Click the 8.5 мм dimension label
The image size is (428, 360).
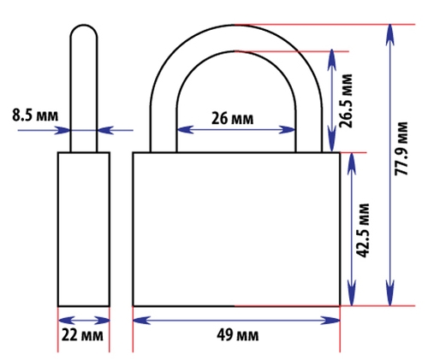coord(35,115)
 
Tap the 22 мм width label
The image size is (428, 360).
coord(82,335)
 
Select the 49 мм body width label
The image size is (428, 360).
coord(238,335)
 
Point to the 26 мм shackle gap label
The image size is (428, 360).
coord(232,118)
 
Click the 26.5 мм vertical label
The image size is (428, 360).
coord(346,101)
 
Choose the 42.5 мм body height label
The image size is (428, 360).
coord(363,230)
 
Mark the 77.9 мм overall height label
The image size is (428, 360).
coord(401,148)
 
